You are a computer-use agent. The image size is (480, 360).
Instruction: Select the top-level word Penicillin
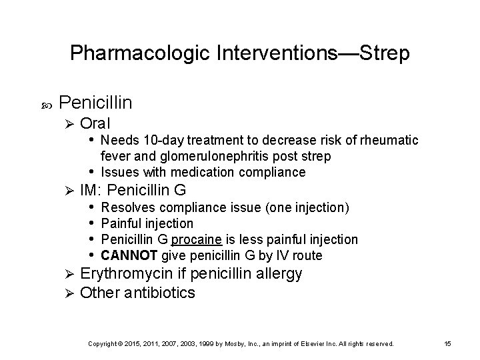point(95,103)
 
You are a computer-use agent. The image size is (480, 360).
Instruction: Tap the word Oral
point(95,123)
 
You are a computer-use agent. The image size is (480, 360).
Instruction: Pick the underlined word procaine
point(193,239)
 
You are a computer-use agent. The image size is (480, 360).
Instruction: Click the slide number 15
point(447,343)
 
